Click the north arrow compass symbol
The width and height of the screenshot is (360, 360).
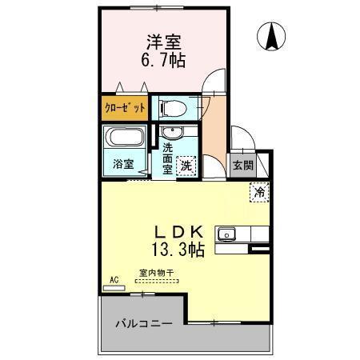tap(272, 35)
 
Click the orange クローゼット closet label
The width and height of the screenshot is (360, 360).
tap(125, 107)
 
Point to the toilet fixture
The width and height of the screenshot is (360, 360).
tap(171, 107)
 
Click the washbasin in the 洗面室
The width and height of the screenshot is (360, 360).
tap(170, 134)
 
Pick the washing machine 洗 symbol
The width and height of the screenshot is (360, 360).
tap(186, 166)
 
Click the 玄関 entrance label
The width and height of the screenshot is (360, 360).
tap(242, 166)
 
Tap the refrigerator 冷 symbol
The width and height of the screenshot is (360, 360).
tap(260, 192)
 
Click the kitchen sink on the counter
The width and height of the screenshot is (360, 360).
tap(228, 234)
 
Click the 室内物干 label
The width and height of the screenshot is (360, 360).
tap(154, 273)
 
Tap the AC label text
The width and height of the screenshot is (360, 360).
tap(114, 278)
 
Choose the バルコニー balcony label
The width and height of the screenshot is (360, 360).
tap(143, 324)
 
